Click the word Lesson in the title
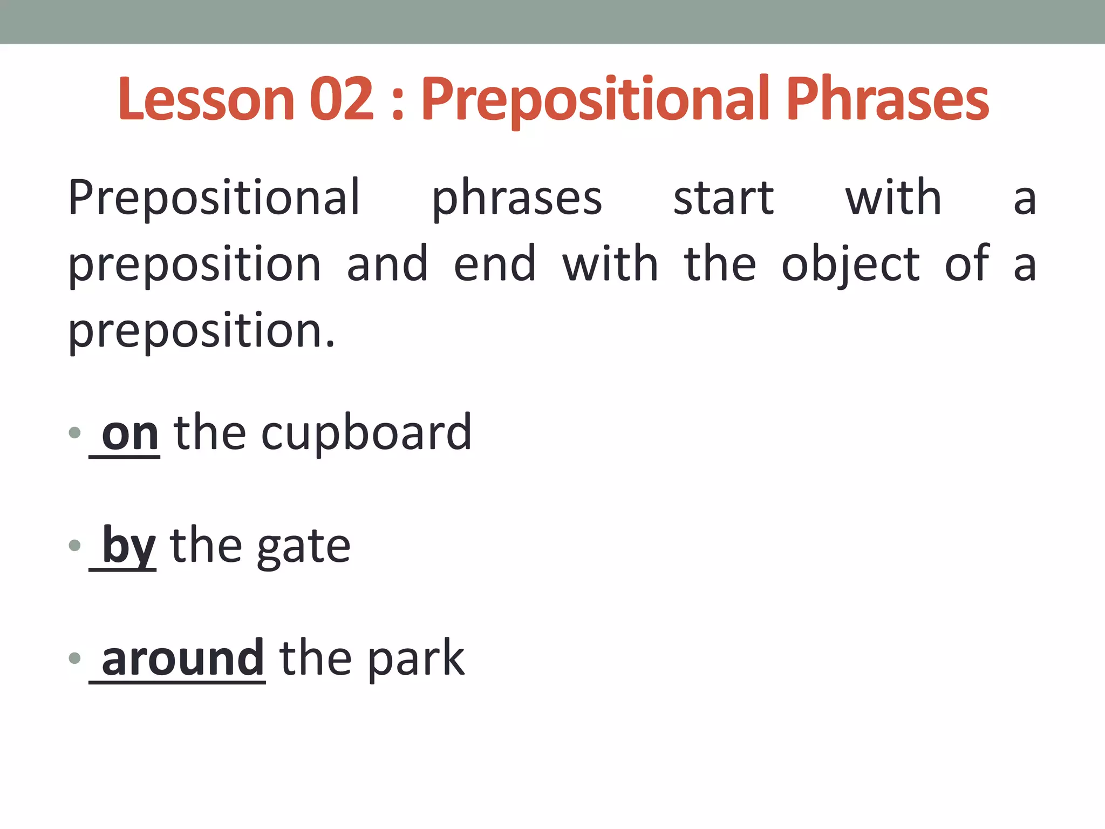pos(206,99)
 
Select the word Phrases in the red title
pos(888,99)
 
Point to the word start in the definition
pos(724,198)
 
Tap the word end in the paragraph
pos(495,264)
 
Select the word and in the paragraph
pos(387,264)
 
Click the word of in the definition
pos(967,264)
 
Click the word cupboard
pos(366,434)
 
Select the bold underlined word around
pos(182,658)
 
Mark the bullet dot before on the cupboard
pos(75,432)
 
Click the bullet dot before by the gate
pos(75,545)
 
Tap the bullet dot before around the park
pos(75,658)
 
